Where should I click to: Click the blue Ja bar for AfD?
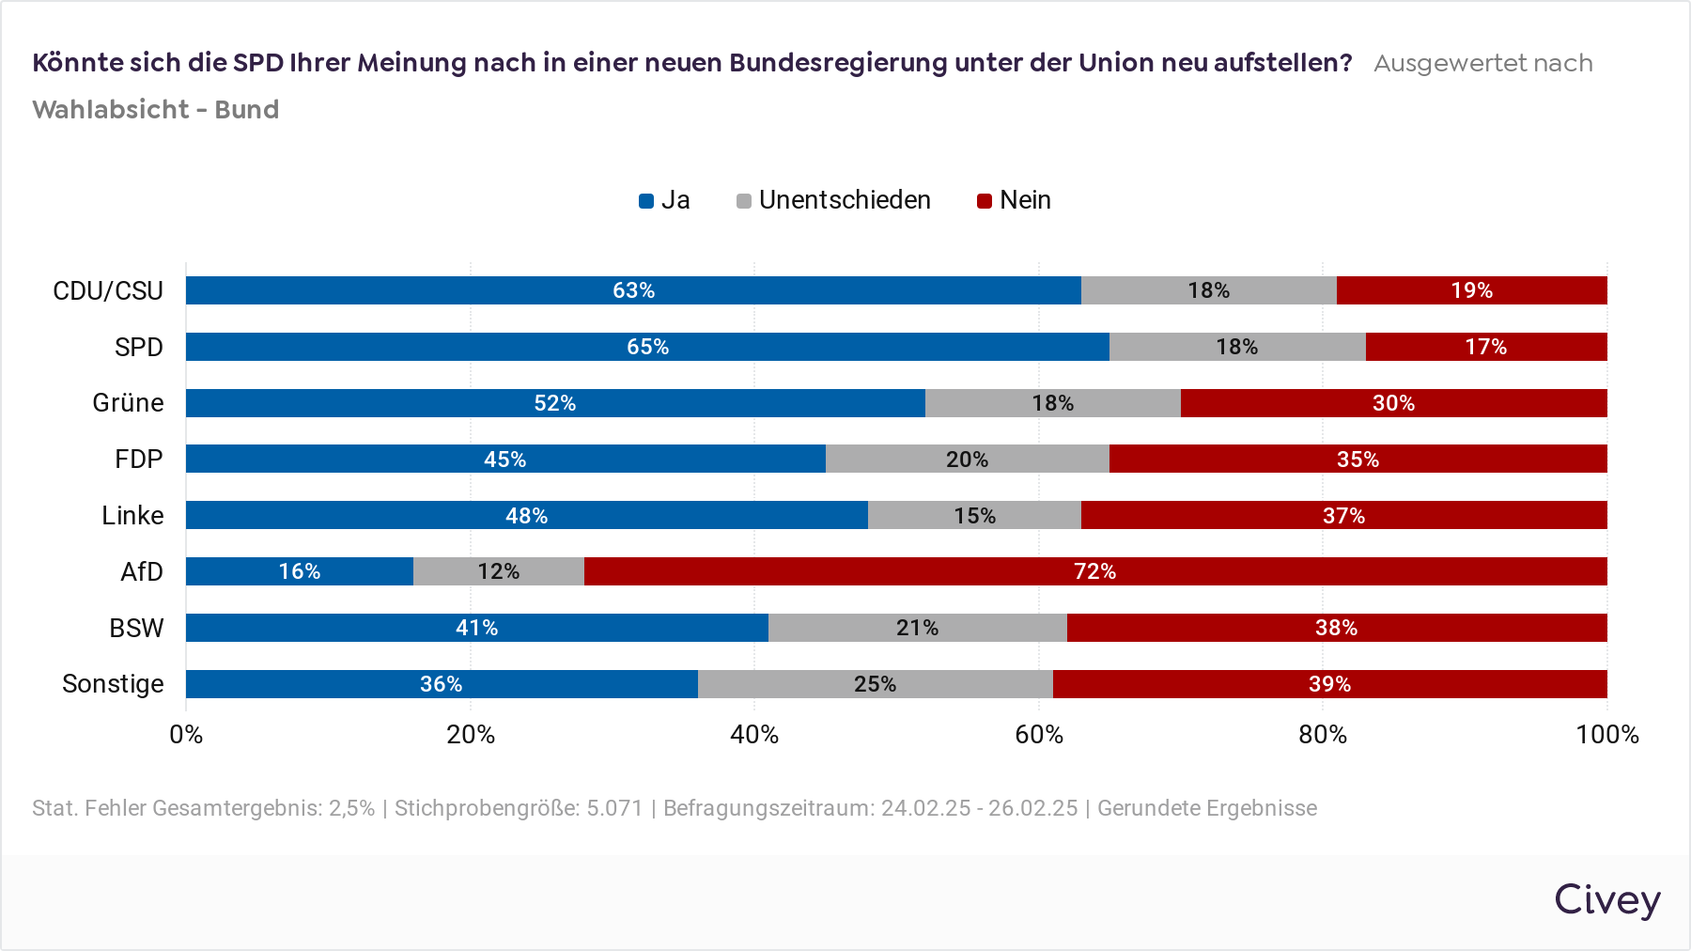tap(299, 571)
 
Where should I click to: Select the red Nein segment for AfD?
tap(1094, 571)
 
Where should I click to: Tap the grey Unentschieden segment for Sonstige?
tap(875, 684)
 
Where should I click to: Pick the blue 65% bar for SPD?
tap(647, 347)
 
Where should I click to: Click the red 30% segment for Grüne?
tap(1393, 403)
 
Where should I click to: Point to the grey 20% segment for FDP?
tap(967, 460)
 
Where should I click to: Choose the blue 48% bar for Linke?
tap(526, 515)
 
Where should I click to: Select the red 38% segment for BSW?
tap(1336, 628)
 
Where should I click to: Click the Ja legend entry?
tap(665, 200)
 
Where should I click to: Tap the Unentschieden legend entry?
tap(834, 200)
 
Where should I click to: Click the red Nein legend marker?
tap(985, 201)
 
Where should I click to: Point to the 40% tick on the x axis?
tap(754, 735)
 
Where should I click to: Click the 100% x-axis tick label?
tap(1606, 735)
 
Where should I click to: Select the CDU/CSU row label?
tap(108, 291)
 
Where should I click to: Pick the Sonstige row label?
tap(113, 684)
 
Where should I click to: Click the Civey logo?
tap(1606, 899)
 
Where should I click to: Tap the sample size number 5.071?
tap(614, 808)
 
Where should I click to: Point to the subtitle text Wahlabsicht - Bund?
tap(156, 110)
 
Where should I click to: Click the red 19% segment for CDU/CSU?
tap(1471, 290)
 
